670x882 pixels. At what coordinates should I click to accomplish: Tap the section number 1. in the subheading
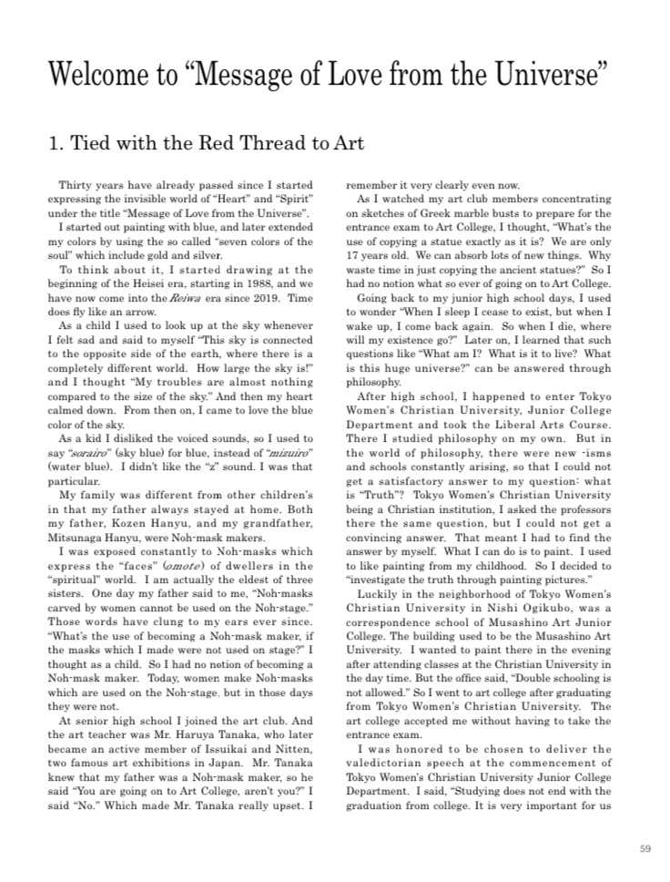(56, 144)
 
